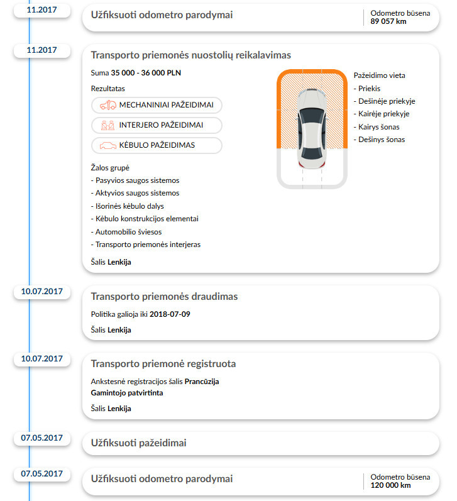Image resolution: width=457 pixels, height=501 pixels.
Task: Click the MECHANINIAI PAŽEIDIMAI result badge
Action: click(157, 105)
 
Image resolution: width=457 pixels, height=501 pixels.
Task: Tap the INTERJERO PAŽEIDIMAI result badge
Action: click(157, 125)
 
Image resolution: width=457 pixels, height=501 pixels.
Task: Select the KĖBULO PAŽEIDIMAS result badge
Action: click(157, 145)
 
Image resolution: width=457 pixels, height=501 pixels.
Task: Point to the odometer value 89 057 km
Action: click(388, 21)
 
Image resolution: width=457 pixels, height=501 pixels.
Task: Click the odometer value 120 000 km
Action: click(390, 485)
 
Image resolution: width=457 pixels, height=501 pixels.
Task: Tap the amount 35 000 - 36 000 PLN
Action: click(146, 73)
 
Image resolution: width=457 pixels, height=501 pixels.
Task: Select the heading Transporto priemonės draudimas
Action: click(164, 296)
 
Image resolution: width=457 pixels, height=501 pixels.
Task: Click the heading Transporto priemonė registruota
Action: click(163, 364)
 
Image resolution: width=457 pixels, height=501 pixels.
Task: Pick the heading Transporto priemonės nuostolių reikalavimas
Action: click(190, 55)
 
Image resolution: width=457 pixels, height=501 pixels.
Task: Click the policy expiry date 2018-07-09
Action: click(170, 314)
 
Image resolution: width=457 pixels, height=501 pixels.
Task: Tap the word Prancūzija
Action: click(202, 382)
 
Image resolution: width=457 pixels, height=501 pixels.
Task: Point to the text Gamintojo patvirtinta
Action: click(126, 392)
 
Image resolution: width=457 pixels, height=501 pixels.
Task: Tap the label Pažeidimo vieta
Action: click(379, 75)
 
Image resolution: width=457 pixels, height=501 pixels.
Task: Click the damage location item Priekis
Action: click(369, 89)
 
